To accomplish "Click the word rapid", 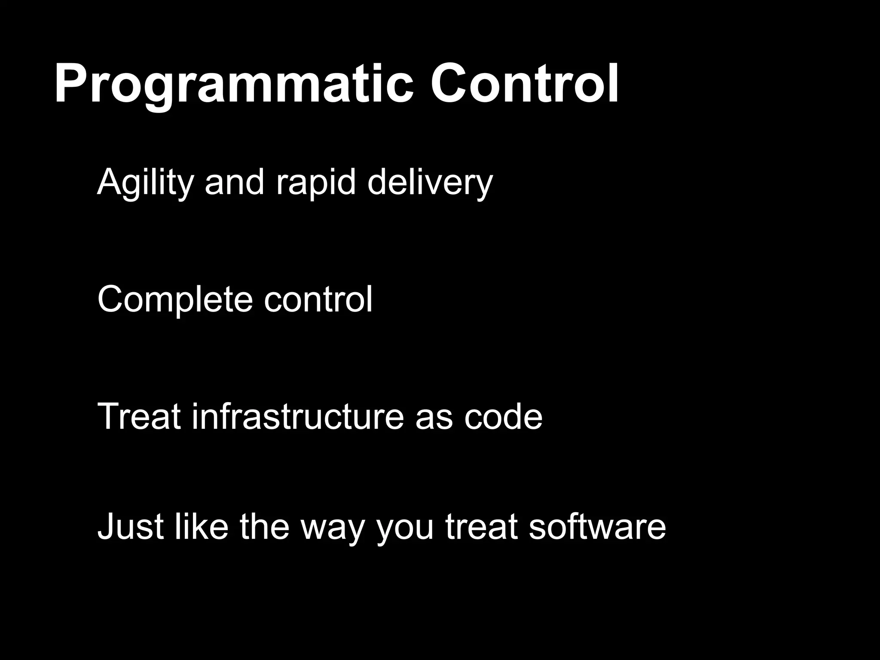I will tap(316, 182).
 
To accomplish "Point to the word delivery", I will tap(430, 182).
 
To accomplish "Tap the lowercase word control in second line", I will tap(318, 299).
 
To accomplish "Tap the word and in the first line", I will tap(234, 182).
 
